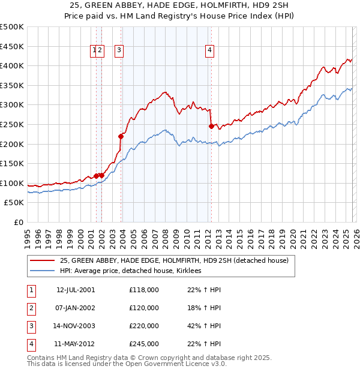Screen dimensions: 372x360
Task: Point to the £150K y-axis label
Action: coord(12,163)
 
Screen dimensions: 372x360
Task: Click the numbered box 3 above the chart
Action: coord(119,51)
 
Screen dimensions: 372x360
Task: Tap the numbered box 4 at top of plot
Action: coord(210,51)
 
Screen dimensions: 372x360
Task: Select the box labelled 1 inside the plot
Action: coord(95,51)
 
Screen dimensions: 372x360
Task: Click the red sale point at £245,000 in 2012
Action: coord(211,126)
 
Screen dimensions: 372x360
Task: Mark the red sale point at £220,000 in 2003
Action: coord(121,136)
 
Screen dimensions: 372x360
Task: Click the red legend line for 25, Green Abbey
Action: coord(42,260)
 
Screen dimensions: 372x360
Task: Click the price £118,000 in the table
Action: coord(144,290)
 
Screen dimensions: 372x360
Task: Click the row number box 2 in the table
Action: coord(30,308)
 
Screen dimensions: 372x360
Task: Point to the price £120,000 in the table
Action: coord(144,308)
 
